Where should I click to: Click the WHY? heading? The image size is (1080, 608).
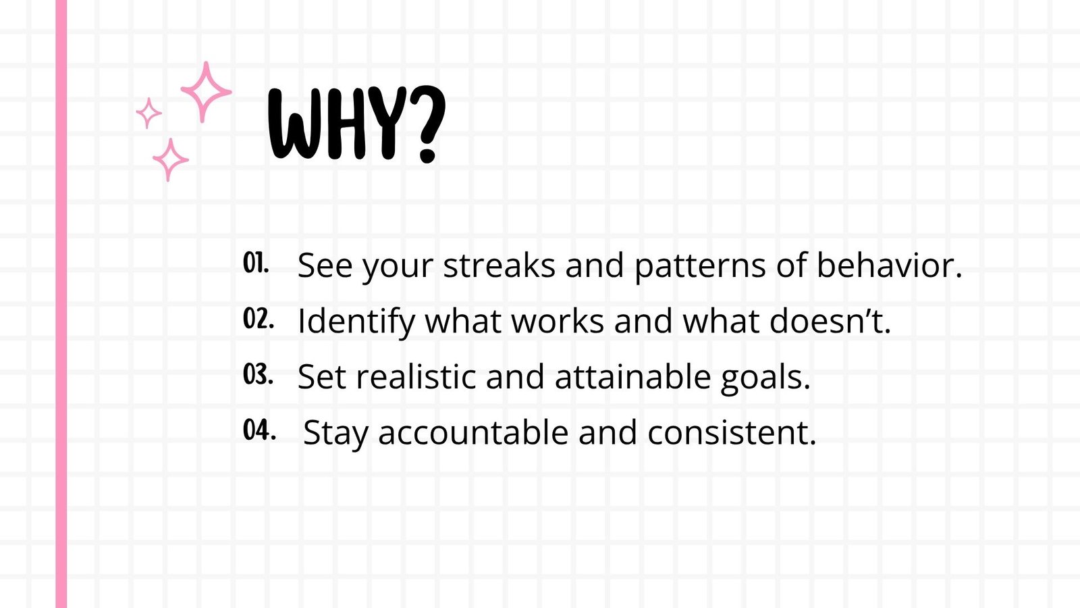coord(357,124)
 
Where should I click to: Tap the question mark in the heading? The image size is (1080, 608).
coord(426,124)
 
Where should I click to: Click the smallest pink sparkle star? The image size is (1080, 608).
coord(148,113)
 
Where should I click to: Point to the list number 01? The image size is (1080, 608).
coord(256,263)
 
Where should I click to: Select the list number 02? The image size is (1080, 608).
coord(259,318)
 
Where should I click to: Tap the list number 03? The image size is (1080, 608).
coord(258,374)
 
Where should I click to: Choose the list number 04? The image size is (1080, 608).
coord(259,430)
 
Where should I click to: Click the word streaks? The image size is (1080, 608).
coord(499,265)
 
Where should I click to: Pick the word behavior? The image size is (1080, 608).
coord(888,265)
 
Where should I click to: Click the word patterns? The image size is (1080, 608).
coord(699,268)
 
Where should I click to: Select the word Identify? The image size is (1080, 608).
coord(356,322)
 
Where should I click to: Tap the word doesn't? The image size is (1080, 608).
coord(830,320)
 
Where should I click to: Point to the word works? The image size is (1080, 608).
coord(558,320)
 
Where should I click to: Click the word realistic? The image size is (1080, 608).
coord(416,376)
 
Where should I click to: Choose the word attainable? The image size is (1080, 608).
coord(632,376)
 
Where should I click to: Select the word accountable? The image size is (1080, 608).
coord(473,432)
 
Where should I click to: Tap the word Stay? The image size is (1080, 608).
coord(335,434)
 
